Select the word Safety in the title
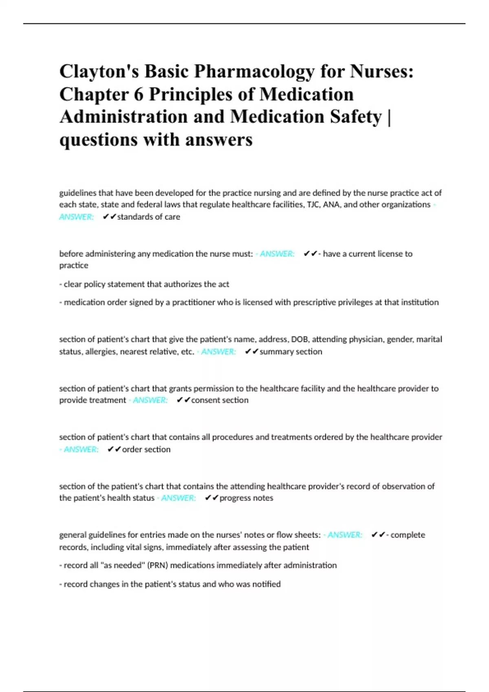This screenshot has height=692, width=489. tap(356, 117)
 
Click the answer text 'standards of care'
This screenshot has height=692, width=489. tap(149, 217)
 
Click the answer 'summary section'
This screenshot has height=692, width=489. tap(291, 351)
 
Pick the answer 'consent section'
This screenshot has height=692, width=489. tap(220, 400)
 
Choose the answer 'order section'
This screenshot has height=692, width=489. tap(146, 449)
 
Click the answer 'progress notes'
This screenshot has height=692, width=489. tap(246, 498)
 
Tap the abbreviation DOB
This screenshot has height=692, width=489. tap(300, 339)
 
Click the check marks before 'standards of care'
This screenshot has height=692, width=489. tap(110, 217)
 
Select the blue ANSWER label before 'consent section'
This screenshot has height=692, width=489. tap(150, 400)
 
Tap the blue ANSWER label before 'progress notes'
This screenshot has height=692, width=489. tap(178, 498)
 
